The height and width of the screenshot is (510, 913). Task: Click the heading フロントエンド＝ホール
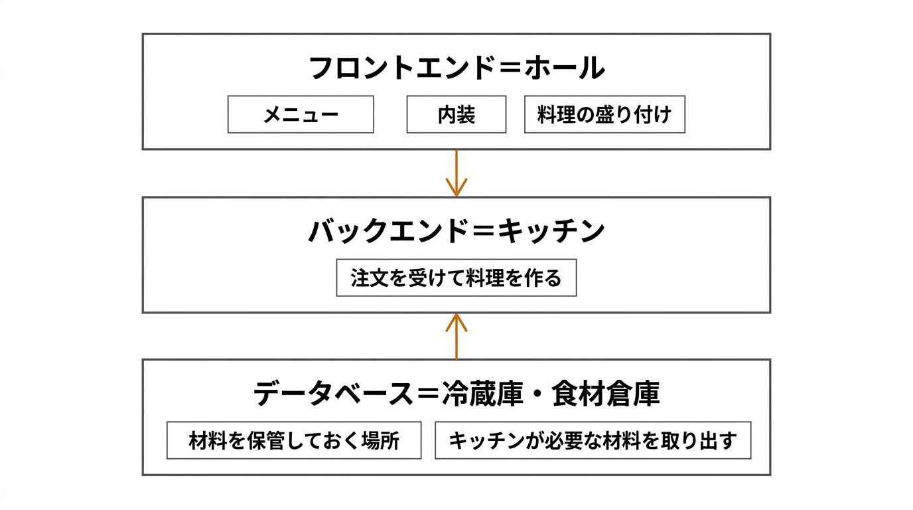tap(456, 68)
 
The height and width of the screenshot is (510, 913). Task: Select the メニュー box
tap(301, 115)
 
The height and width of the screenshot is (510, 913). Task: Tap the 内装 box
tap(456, 115)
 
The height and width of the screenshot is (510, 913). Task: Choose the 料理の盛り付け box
tap(604, 115)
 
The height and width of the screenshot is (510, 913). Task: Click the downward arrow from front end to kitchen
tap(456, 173)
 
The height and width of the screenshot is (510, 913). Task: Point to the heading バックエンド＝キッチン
tap(456, 232)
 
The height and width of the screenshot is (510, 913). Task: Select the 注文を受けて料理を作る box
tap(456, 278)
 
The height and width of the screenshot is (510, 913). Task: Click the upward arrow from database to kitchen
tap(456, 336)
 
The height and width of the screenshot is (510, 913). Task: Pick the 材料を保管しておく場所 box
tap(294, 440)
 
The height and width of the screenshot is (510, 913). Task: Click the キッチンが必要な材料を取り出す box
tap(593, 440)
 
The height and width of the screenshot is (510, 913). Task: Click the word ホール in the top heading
tap(565, 68)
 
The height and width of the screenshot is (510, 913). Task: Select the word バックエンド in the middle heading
tap(386, 232)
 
